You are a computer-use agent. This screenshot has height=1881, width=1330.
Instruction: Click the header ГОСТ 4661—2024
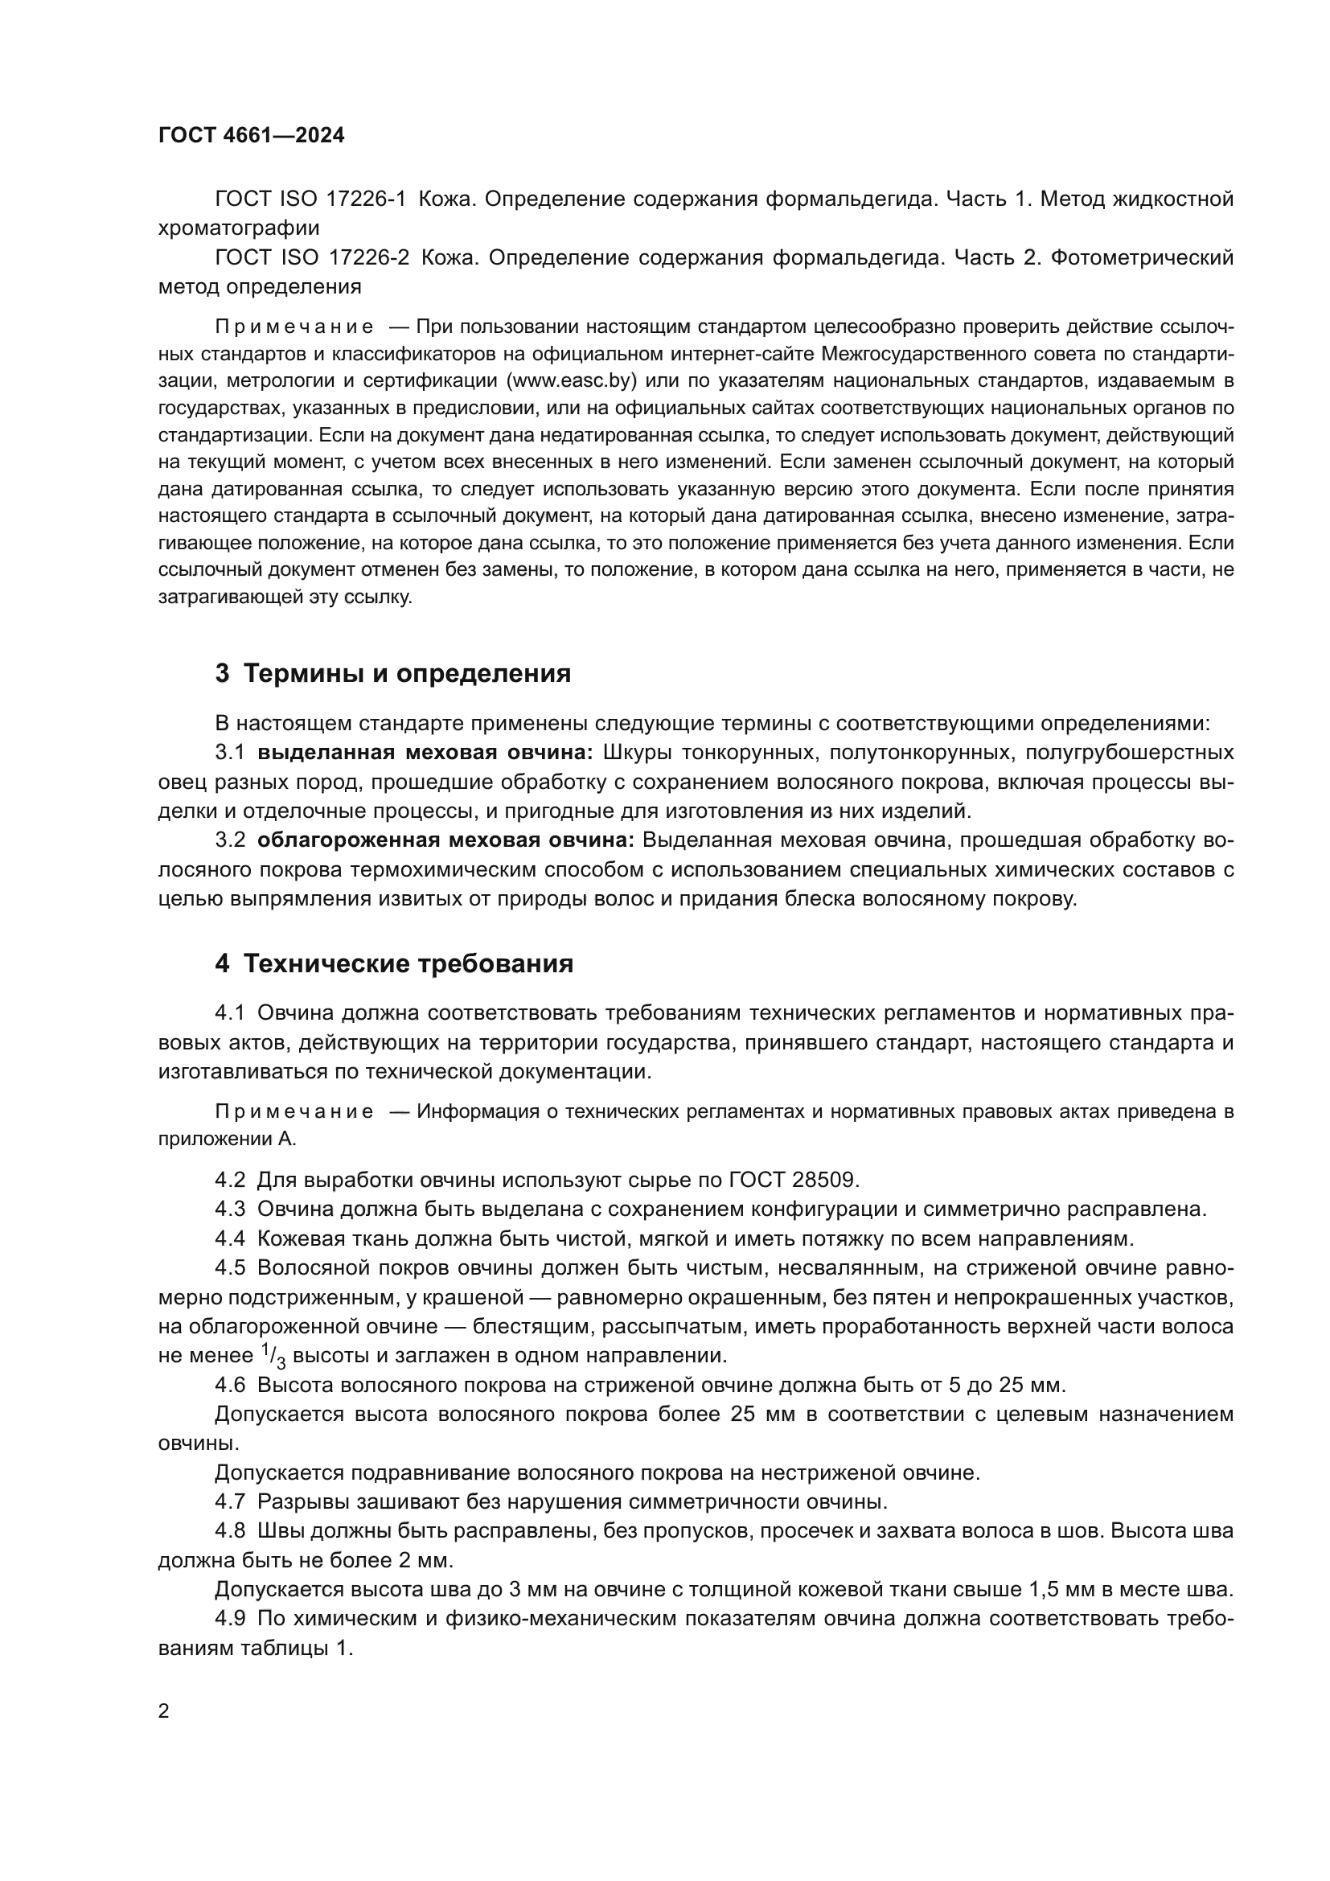252,136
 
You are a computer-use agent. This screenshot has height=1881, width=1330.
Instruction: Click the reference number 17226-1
366,199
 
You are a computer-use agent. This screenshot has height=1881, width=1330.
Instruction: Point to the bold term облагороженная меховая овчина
445,840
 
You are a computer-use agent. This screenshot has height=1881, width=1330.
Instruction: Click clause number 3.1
230,752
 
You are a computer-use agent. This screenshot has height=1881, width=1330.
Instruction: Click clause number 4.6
230,1386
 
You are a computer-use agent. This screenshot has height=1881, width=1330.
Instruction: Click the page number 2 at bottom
164,1711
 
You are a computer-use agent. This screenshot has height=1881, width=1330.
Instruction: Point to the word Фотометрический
1142,258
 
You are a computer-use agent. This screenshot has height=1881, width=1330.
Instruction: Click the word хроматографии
238,228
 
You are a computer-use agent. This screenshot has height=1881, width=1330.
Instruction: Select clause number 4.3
230,1210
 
